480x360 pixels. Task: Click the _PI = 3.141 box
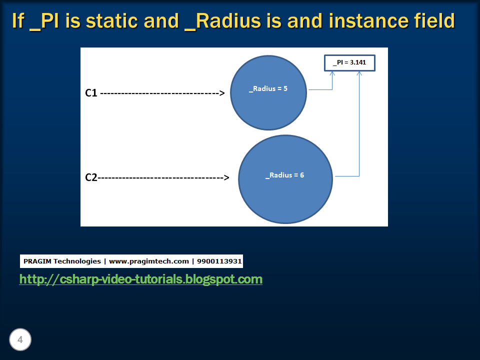point(349,63)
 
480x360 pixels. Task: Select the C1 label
point(91,92)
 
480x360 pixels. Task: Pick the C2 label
point(91,177)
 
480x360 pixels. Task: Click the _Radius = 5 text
point(268,89)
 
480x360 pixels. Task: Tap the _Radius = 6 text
point(284,175)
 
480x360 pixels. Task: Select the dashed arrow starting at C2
point(162,177)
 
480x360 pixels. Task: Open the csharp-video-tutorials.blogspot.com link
point(140,279)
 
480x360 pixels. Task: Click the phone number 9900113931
point(219,261)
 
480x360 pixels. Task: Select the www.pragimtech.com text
point(149,261)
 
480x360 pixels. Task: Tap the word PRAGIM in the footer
point(37,261)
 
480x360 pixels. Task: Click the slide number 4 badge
point(20,340)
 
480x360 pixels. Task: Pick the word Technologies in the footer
point(77,261)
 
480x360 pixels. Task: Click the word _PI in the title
point(48,21)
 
